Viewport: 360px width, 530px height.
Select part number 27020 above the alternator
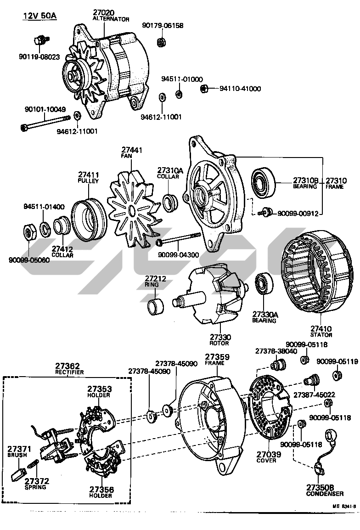[x=104, y=12]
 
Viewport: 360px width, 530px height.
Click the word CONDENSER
[x=325, y=494]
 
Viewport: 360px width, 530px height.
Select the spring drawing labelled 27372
[x=33, y=465]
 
